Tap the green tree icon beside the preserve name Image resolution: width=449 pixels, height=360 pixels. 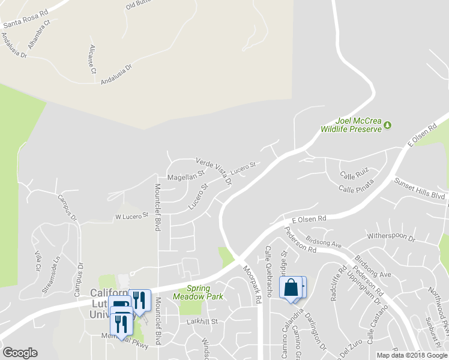click(x=387, y=125)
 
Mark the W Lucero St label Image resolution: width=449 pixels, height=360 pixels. click(x=131, y=215)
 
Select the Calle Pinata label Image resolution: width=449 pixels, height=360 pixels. click(x=357, y=189)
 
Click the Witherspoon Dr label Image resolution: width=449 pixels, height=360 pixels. click(x=391, y=238)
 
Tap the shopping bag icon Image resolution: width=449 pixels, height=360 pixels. click(x=291, y=287)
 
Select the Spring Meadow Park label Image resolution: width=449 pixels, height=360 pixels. click(x=197, y=292)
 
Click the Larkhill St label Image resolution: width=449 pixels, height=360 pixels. click(x=201, y=322)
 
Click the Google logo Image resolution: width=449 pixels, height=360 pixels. click(x=20, y=353)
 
